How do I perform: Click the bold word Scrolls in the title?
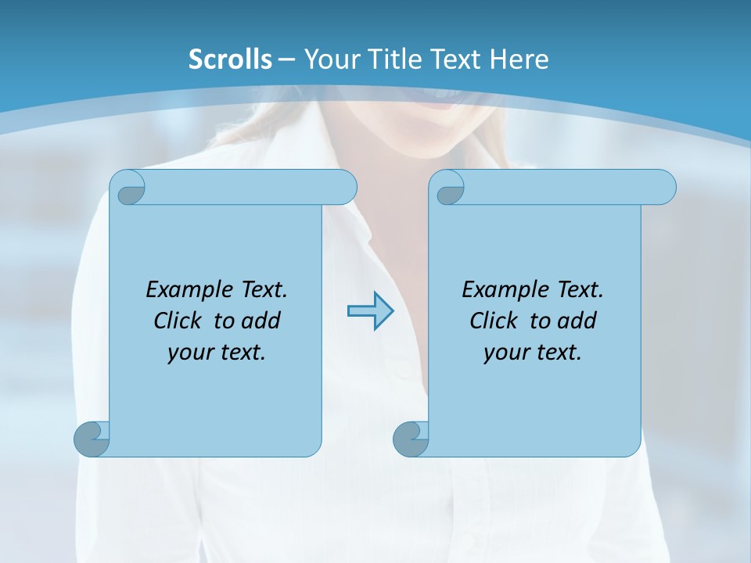coord(230,59)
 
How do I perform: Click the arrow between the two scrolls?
coord(370,311)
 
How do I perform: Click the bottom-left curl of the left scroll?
coord(92,439)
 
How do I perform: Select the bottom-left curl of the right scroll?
coord(411,439)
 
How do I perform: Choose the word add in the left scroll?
coord(261,321)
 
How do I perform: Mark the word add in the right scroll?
coord(577,321)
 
